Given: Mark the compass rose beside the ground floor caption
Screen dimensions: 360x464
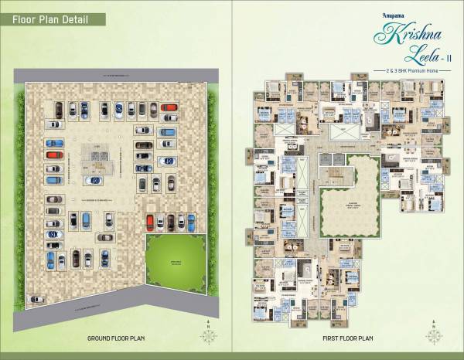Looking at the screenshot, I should pos(207,335).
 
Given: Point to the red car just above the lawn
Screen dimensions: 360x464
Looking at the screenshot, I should pos(151,222).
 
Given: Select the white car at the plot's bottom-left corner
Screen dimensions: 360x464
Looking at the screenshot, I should pos(35,298).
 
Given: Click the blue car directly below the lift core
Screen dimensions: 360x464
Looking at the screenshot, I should pos(94,181).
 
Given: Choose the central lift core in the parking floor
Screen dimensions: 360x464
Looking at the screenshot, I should pos(98,158).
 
